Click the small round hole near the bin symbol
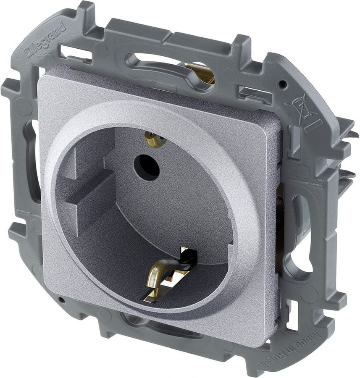[283, 84]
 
